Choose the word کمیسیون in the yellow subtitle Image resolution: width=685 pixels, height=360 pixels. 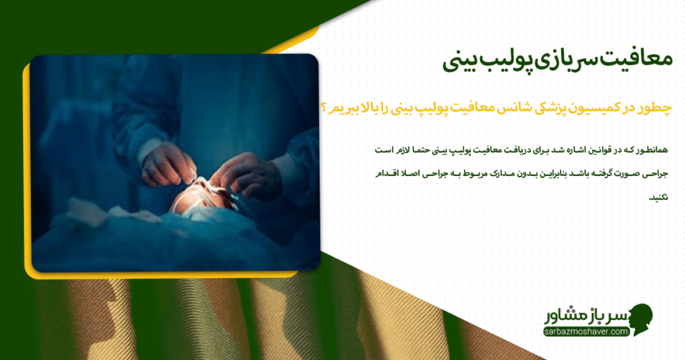599,109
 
